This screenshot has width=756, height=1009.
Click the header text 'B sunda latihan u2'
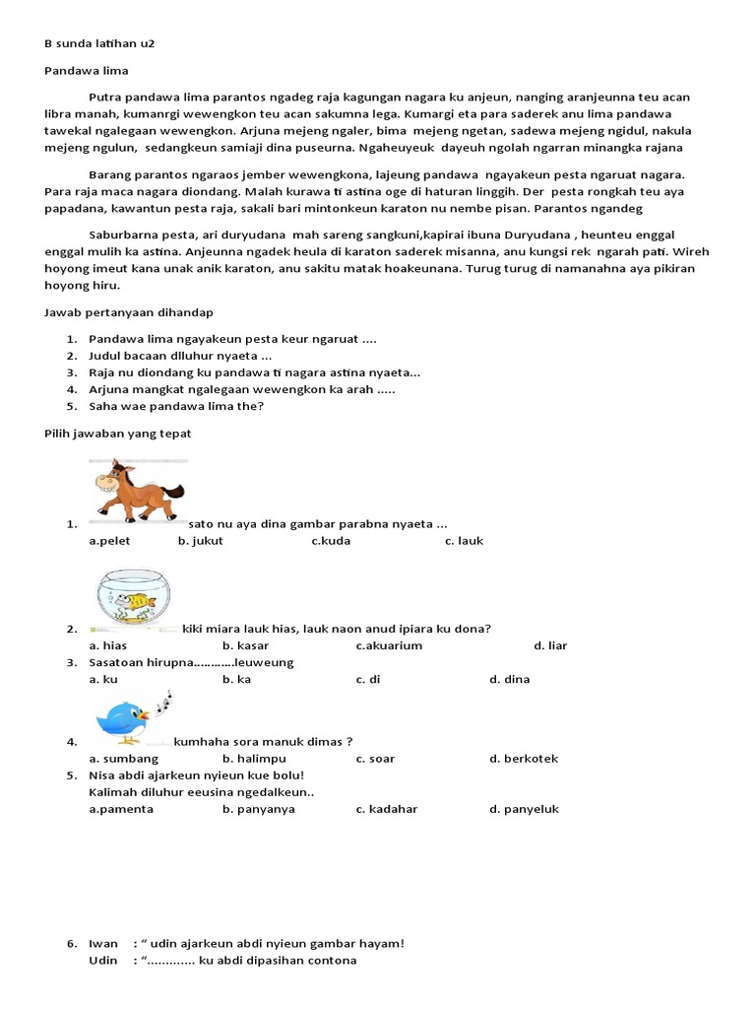click(100, 45)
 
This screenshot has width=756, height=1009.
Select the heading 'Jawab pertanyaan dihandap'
click(129, 312)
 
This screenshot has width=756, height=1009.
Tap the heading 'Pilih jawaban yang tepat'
click(118, 433)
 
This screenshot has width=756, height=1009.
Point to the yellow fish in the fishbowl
click(142, 600)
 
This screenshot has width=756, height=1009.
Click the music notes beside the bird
click(163, 701)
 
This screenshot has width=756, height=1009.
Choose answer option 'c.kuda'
click(331, 541)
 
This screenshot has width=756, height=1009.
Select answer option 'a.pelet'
click(109, 541)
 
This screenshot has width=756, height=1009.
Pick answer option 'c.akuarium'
click(389, 645)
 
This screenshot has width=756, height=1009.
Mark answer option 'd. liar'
click(550, 645)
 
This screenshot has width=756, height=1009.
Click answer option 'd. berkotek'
click(523, 759)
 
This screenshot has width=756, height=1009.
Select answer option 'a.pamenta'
click(121, 809)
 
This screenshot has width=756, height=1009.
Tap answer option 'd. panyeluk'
click(524, 809)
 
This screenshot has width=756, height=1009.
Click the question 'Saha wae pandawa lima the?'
click(176, 406)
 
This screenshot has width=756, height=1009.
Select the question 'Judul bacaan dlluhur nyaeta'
click(180, 356)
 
